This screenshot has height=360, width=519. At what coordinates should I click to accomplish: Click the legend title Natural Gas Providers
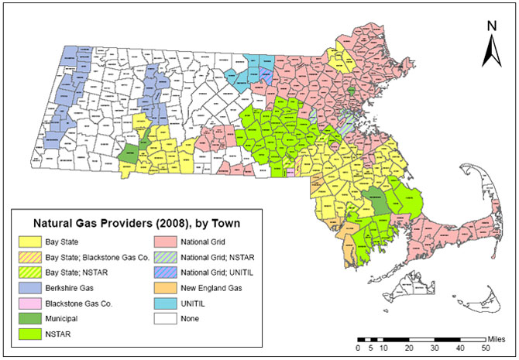coord(130,224)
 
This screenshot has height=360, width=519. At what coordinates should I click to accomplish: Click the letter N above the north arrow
coord(490,26)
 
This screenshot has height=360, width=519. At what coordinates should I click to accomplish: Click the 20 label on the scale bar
coord(408,349)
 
